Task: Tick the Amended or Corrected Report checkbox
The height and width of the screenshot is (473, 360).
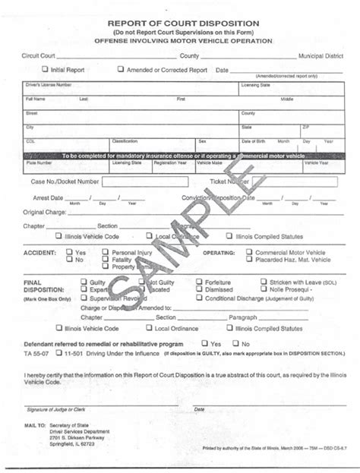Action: (x=120, y=69)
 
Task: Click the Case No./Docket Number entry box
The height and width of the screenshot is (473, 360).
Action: (x=147, y=182)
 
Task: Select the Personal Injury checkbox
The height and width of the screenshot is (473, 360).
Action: (x=106, y=251)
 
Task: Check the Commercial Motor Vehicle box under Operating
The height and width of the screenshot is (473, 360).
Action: (x=249, y=251)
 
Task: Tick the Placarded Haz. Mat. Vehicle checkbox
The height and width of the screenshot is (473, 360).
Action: (x=249, y=259)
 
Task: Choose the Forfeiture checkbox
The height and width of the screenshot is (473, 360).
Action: (x=199, y=282)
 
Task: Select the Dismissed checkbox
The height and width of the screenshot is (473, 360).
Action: (x=199, y=289)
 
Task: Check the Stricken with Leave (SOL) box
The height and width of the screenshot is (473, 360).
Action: (x=264, y=282)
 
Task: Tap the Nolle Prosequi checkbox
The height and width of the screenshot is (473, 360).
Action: (x=264, y=289)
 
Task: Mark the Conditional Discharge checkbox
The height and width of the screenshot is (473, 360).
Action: (x=199, y=298)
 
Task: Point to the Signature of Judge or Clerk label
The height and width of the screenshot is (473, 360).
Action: (x=53, y=409)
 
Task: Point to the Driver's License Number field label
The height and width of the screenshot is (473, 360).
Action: (x=49, y=85)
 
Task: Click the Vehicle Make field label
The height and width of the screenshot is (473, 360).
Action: (x=209, y=162)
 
